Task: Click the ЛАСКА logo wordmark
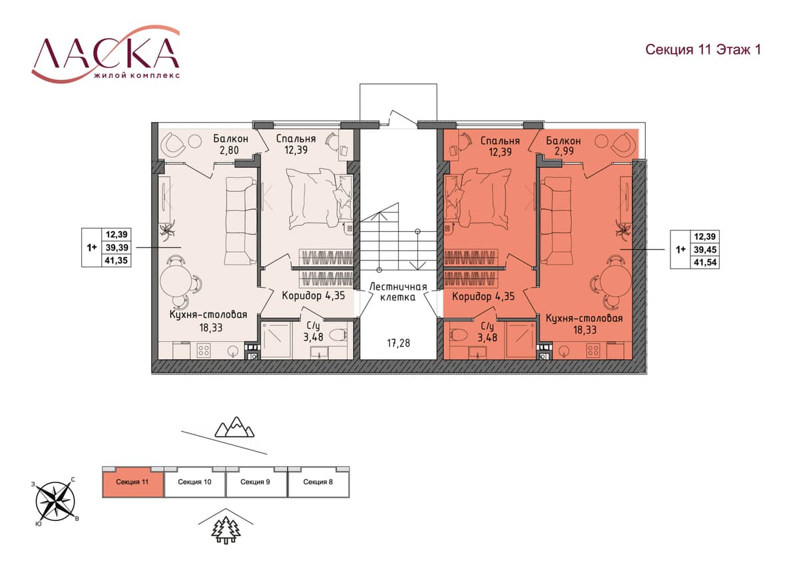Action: (x=106, y=53)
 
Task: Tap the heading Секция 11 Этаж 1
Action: (x=703, y=49)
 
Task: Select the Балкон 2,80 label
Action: (x=230, y=144)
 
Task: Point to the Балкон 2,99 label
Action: (x=563, y=146)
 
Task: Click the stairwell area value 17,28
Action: (x=398, y=343)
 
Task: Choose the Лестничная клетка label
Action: (x=398, y=292)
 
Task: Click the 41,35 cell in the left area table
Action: (x=117, y=261)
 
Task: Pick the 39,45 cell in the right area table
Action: (x=705, y=249)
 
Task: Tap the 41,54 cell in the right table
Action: (x=705, y=263)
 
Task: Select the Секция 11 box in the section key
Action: (x=133, y=482)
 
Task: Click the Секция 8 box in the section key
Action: (x=318, y=482)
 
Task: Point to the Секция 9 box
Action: (x=256, y=482)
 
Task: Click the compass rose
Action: (x=55, y=502)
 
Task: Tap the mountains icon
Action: (x=234, y=427)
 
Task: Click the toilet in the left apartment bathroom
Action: (x=338, y=336)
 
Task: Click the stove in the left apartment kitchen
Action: (x=204, y=350)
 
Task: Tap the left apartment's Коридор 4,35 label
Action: (x=313, y=296)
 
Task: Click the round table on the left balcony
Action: (x=194, y=141)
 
